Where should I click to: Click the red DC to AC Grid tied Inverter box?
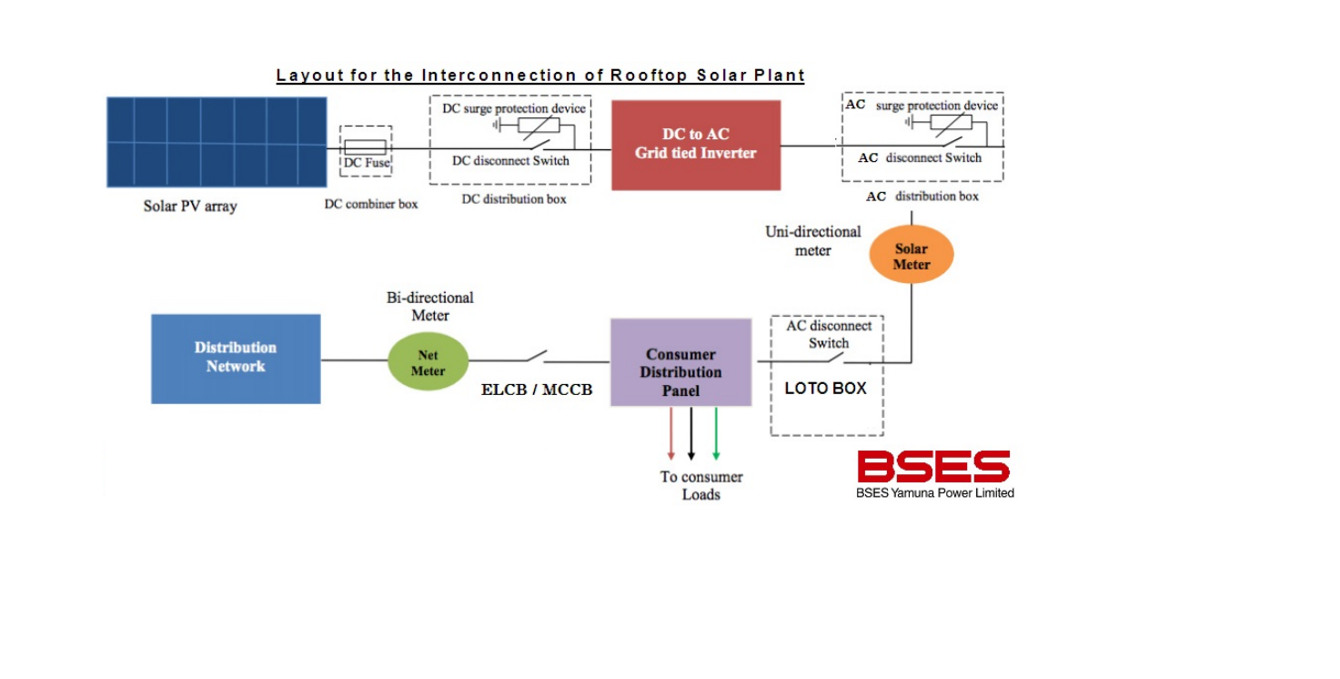tap(695, 145)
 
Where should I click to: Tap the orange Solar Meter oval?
tap(911, 256)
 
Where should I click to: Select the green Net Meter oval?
tap(428, 362)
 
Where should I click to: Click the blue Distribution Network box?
tap(236, 358)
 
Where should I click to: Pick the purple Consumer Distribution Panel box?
tap(680, 362)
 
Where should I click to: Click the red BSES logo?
tap(933, 467)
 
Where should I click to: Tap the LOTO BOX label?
tap(825, 389)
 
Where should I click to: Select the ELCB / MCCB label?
tap(537, 390)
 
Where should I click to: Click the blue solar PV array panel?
tap(217, 142)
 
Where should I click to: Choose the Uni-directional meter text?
tap(812, 241)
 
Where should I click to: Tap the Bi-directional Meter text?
tap(430, 306)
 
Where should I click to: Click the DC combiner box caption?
tap(371, 204)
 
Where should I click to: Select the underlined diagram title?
tap(540, 76)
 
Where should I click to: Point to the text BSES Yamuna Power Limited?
tap(934, 493)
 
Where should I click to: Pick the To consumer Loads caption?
tap(701, 485)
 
